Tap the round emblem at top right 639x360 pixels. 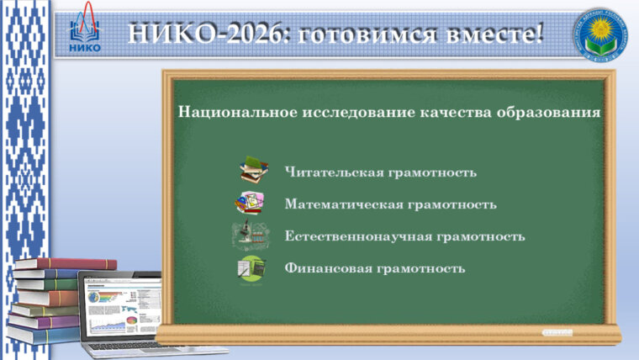605,35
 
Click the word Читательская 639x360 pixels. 334,172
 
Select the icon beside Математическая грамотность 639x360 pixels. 250,203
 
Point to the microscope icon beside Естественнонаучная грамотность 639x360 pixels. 250,236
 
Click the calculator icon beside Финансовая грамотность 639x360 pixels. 251,268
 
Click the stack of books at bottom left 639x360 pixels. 46,299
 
